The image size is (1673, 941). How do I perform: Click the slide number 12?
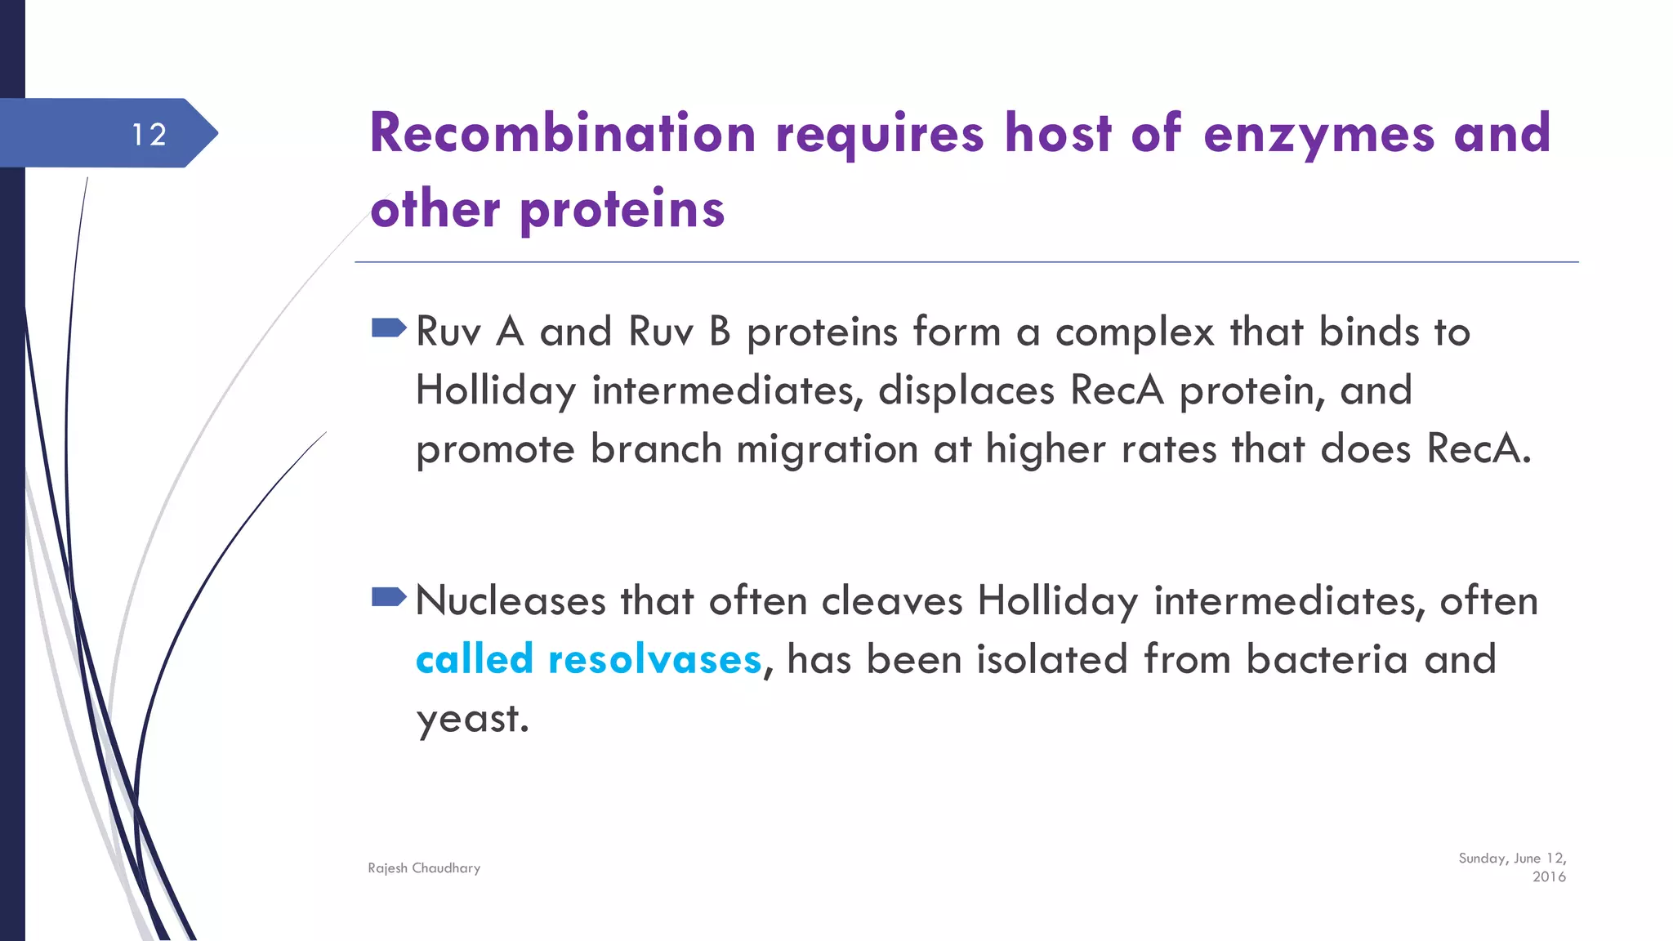point(149,135)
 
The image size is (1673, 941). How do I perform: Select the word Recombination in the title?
point(563,133)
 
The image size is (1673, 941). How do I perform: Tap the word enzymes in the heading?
point(1318,135)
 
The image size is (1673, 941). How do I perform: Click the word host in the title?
point(1058,133)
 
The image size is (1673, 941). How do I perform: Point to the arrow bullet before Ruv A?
point(388,328)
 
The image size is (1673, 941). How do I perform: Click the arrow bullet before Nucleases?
point(388,597)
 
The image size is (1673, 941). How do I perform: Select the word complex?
point(1135,333)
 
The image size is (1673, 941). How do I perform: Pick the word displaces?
point(966,390)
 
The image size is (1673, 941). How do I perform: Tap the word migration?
point(827,449)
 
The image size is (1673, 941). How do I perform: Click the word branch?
point(656,449)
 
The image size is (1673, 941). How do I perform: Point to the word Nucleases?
point(511,601)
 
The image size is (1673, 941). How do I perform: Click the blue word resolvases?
point(654,660)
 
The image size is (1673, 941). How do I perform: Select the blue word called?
point(474,659)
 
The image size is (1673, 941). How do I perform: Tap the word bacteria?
point(1327,660)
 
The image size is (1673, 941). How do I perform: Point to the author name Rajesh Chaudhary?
point(424,868)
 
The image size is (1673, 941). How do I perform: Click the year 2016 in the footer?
point(1549,877)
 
